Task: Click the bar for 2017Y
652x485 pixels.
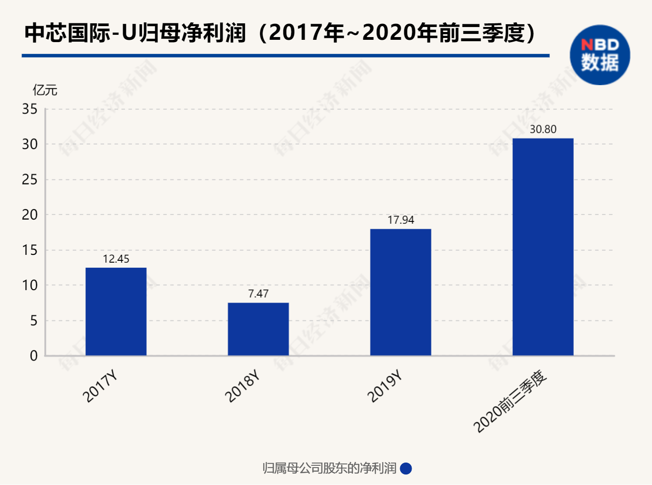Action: [116, 312]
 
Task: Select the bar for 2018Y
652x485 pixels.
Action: [258, 329]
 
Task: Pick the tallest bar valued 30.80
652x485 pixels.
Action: [543, 247]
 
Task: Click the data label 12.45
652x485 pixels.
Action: [116, 259]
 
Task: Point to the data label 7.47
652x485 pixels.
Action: [258, 294]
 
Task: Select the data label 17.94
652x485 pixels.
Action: [401, 220]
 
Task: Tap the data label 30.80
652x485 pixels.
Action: [543, 129]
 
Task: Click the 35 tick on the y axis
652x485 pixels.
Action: [30, 109]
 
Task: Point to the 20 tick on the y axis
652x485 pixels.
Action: [30, 215]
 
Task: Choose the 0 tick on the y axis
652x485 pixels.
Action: [33, 356]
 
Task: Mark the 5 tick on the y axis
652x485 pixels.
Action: [33, 321]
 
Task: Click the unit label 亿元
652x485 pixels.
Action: [45, 90]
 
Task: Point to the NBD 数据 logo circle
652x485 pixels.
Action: [600, 55]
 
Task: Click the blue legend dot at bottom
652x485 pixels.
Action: [406, 469]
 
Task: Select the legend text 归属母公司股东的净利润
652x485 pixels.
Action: [330, 469]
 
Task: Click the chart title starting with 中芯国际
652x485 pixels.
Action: [279, 33]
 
